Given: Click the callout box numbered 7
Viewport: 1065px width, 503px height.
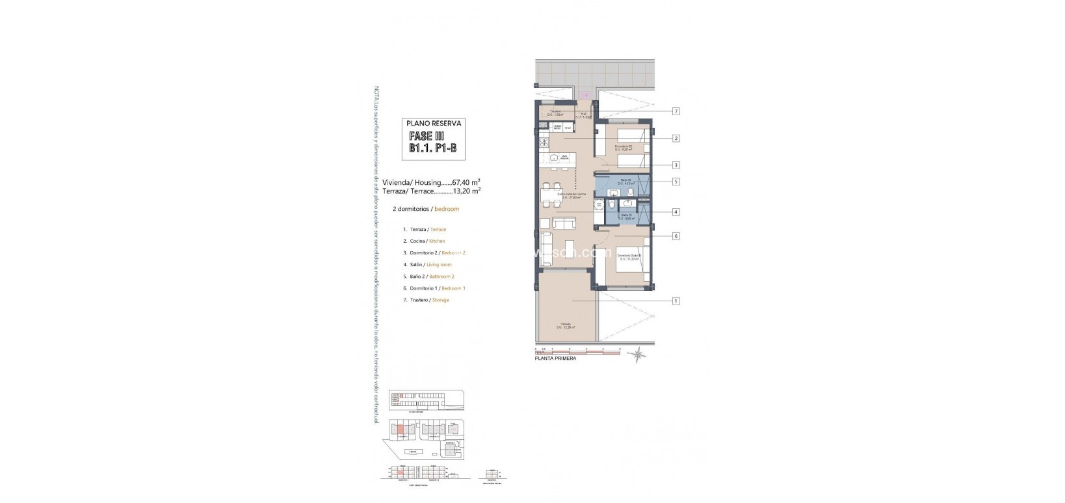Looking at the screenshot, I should pos(676,111).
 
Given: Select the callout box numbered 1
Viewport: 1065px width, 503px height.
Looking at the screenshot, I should pos(676,301).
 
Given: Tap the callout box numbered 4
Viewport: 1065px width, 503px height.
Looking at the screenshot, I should pos(676,211).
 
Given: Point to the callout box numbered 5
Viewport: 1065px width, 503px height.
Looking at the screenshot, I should pos(676,182).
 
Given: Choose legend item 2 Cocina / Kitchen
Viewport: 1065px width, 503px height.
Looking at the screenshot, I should pos(424,241).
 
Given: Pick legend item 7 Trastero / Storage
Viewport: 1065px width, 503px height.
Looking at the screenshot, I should pos(426,300).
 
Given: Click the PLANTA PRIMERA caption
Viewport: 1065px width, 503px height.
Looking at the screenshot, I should pos(555,359).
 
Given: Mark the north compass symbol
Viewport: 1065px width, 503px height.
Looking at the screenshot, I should pos(640,354).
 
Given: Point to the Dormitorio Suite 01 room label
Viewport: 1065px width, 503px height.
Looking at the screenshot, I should pos(629,256).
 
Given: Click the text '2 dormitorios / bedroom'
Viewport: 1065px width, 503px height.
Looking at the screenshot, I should pos(425,209).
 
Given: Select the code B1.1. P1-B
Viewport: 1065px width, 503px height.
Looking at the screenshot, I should pos(432,148).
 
